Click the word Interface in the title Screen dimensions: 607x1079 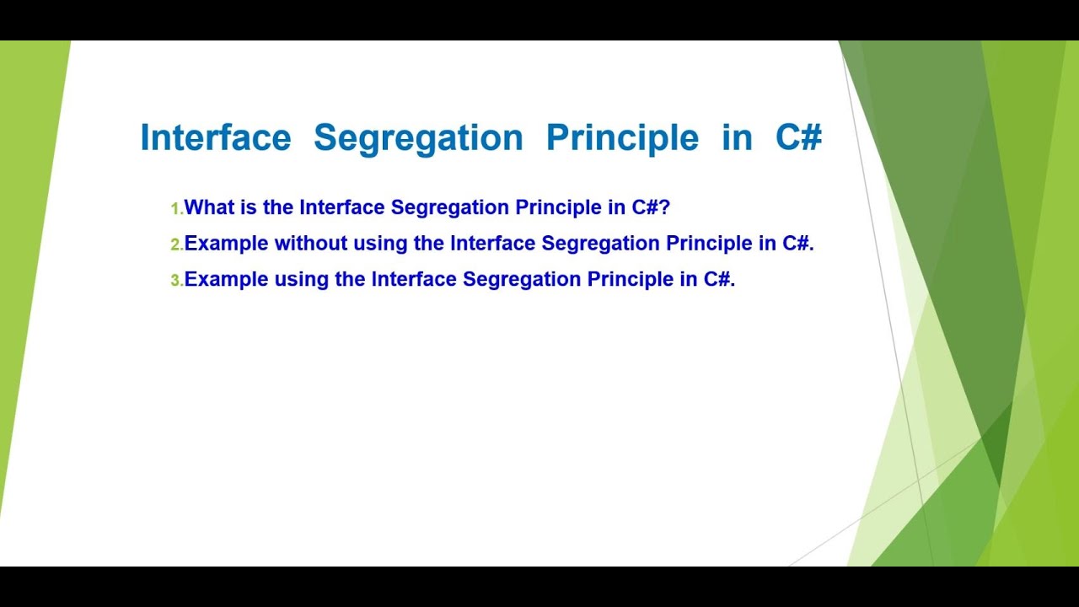point(215,137)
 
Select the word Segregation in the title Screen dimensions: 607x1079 point(418,137)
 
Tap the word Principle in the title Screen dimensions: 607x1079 point(622,137)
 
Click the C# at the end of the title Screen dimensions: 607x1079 point(798,137)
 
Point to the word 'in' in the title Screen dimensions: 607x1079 point(737,137)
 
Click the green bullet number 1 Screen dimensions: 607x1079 point(175,208)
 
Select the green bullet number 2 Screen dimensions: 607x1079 point(175,244)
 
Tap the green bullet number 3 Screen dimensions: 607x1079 point(175,281)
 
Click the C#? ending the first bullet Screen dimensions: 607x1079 point(650,207)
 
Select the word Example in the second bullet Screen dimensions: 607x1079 point(226,244)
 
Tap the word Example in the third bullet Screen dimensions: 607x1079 point(226,280)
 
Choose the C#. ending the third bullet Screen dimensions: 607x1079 point(719,280)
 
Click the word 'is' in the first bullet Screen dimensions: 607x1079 point(250,207)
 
